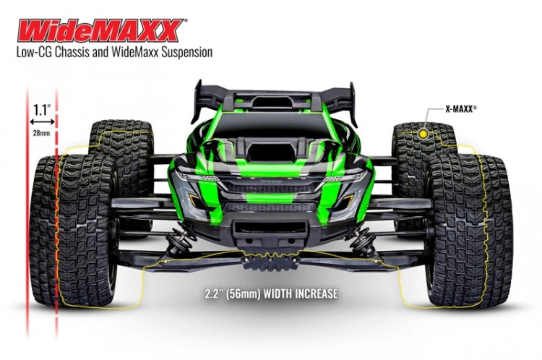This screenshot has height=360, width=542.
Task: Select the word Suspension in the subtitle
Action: (x=184, y=53)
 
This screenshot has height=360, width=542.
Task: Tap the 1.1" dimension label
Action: (x=42, y=110)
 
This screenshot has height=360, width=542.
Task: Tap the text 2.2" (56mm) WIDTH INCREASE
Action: (x=271, y=295)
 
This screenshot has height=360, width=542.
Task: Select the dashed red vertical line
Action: (x=57, y=217)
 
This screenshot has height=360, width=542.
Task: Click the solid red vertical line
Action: (x=27, y=217)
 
